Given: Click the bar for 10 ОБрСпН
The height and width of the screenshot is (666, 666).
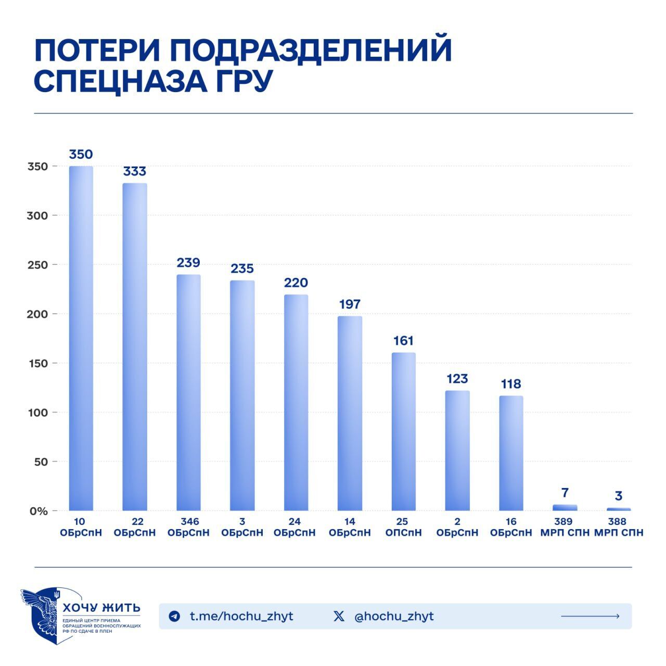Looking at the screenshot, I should tap(81, 338).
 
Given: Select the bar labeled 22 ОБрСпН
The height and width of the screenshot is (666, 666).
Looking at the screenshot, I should tap(135, 347).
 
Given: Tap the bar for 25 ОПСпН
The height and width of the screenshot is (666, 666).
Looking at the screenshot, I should tap(404, 431).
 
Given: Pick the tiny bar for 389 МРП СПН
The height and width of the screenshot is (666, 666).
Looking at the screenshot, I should tap(565, 507).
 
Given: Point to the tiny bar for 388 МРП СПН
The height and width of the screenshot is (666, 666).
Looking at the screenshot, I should tap(619, 509).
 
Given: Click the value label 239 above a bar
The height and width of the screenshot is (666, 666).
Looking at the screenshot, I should tap(188, 263).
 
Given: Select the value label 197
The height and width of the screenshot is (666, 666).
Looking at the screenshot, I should tap(350, 304).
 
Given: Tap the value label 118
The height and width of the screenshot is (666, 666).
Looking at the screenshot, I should tap(511, 384).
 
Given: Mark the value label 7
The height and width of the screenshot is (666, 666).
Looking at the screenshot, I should tap(565, 492).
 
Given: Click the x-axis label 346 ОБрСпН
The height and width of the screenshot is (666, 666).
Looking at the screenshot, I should tap(188, 527).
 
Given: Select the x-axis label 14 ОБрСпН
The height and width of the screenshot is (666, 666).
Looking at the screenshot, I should tap(350, 527).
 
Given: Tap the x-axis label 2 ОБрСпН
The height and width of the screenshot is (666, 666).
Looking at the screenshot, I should tap(457, 527).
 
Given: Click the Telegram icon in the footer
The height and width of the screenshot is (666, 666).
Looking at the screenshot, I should tap(174, 617).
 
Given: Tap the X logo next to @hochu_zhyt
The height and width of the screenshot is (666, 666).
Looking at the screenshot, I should tap(339, 617).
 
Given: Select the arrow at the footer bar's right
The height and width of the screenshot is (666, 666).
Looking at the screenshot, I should tap(590, 617).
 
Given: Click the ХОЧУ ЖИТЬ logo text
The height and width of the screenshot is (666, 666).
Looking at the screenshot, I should tap(101, 608).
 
